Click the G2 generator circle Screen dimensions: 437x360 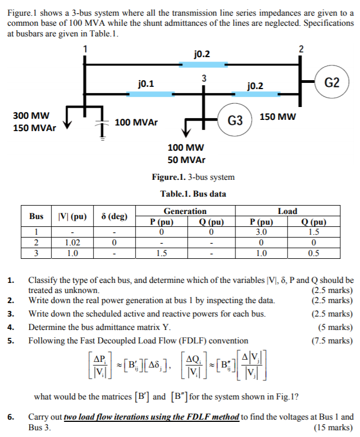333,83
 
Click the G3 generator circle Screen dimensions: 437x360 236,120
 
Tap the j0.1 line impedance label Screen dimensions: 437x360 147,84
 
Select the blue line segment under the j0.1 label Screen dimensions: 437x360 145,94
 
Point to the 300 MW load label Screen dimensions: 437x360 31,115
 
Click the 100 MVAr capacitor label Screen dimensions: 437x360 136,122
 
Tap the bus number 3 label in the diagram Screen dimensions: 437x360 204,78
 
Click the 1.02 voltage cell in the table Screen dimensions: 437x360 70,243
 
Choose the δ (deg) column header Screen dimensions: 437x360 114,216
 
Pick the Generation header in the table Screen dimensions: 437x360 185,211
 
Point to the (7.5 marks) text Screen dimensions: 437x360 333,341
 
